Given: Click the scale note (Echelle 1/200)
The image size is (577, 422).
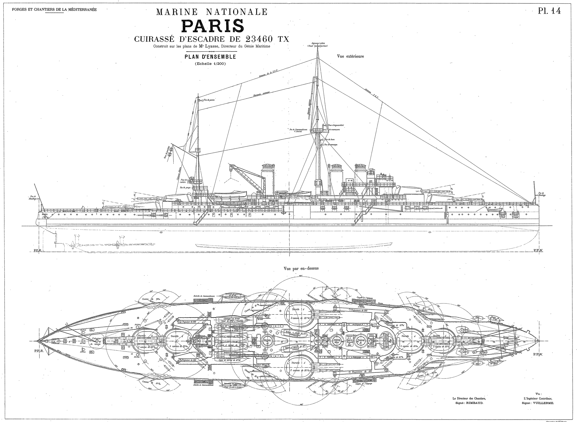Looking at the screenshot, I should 210,64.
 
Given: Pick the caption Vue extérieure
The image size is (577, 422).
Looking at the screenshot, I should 350,56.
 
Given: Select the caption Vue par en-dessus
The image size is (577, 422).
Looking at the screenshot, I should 301,268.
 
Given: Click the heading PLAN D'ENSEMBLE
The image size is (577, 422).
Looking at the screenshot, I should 210,57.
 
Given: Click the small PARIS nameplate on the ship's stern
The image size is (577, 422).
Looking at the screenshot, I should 45,214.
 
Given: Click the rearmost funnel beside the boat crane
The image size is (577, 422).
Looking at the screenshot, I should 268,178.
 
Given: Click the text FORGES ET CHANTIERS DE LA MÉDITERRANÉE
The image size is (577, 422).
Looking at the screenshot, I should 54,9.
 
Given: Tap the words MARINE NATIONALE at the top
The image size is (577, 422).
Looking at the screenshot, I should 212,12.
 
